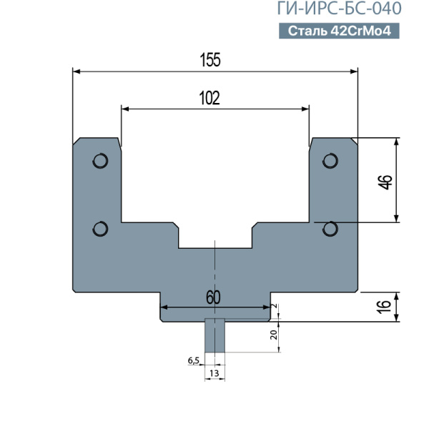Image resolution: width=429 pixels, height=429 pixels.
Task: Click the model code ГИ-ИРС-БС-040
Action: click(339, 8)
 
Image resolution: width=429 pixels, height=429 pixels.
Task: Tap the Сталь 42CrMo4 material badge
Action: click(339, 31)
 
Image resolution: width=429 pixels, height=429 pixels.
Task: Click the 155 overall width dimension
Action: click(210, 60)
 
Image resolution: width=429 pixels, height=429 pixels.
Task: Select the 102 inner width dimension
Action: click(209, 98)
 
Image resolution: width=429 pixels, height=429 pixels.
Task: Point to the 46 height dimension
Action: click(385, 182)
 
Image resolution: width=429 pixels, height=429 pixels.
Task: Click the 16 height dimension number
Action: click(385, 307)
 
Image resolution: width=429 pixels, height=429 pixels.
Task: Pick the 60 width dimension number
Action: click(213, 297)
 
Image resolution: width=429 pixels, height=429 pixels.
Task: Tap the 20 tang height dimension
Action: click(274, 335)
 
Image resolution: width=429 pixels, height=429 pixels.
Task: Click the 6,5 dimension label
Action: click(194, 361)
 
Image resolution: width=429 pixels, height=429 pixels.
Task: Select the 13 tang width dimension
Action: click(214, 373)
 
